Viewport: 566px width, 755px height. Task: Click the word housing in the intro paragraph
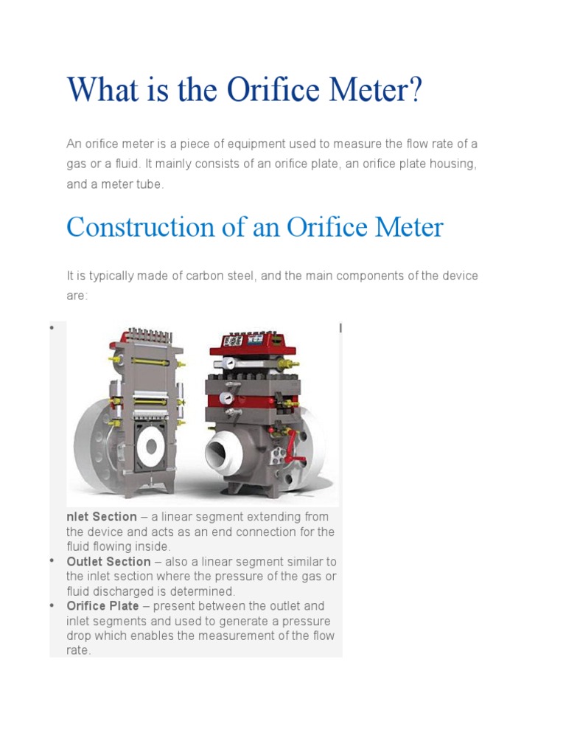point(453,164)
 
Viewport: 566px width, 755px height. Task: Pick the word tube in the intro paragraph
point(149,184)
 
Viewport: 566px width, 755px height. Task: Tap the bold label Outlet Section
point(108,562)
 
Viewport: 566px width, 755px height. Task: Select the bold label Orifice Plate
point(102,606)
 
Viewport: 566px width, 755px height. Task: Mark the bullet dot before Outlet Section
point(54,561)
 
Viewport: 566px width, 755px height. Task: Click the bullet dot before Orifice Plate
point(54,605)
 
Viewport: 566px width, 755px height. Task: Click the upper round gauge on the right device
point(230,363)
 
